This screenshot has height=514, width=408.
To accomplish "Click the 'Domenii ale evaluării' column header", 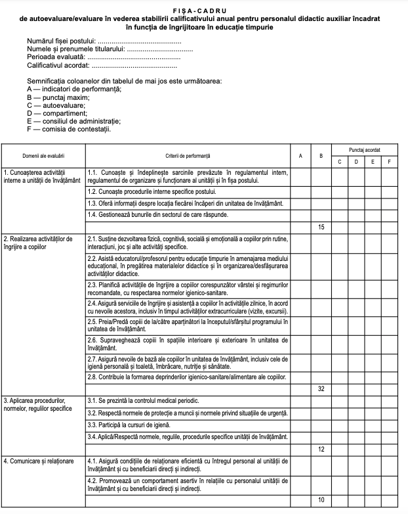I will point(43,156).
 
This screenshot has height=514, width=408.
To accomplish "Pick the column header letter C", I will point(339,161).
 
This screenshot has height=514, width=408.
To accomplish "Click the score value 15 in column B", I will point(321,227).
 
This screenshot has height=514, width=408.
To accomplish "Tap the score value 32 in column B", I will point(321,389).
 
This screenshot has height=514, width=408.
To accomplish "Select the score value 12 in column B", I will point(321,449).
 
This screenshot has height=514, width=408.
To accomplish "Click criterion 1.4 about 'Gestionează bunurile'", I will point(157,215).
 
